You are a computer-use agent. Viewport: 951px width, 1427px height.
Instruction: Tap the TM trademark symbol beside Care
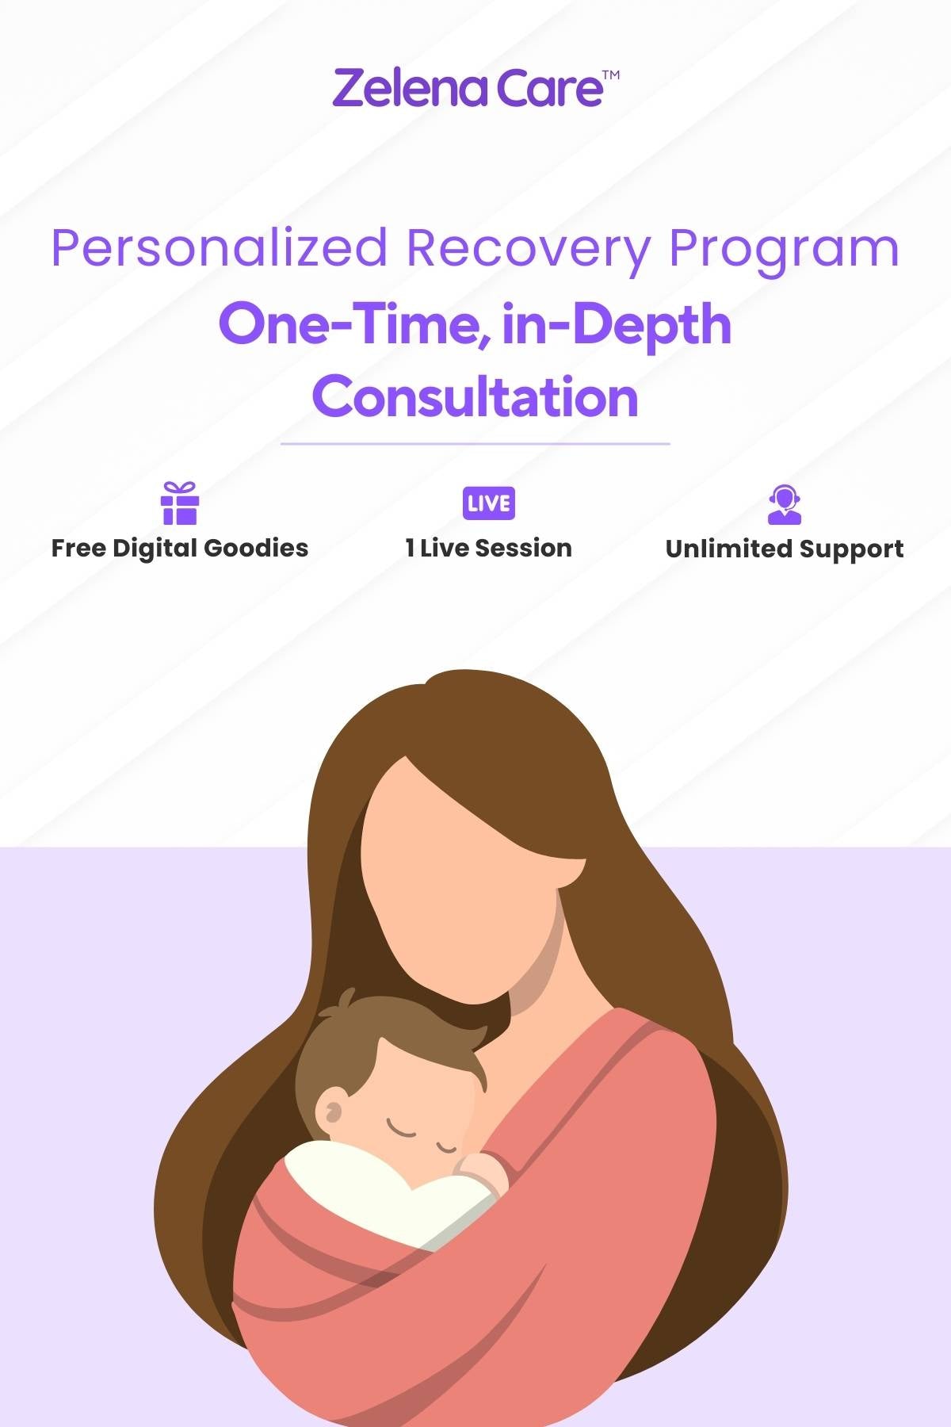click(x=611, y=75)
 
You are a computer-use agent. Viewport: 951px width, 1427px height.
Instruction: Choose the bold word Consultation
click(x=475, y=396)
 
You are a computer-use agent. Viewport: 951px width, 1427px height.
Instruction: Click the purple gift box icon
click(x=179, y=503)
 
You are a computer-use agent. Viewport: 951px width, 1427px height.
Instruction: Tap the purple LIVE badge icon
click(x=489, y=503)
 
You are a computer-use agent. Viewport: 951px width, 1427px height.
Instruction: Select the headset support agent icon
click(x=785, y=505)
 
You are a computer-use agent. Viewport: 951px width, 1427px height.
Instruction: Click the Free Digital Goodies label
click(x=180, y=549)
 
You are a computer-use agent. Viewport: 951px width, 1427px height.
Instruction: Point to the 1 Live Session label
click(x=489, y=548)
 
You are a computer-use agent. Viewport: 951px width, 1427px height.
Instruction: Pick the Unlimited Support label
click(x=785, y=549)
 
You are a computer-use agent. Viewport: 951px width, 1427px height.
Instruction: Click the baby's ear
click(x=330, y=1111)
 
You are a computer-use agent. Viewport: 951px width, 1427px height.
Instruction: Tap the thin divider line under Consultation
click(x=475, y=444)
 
